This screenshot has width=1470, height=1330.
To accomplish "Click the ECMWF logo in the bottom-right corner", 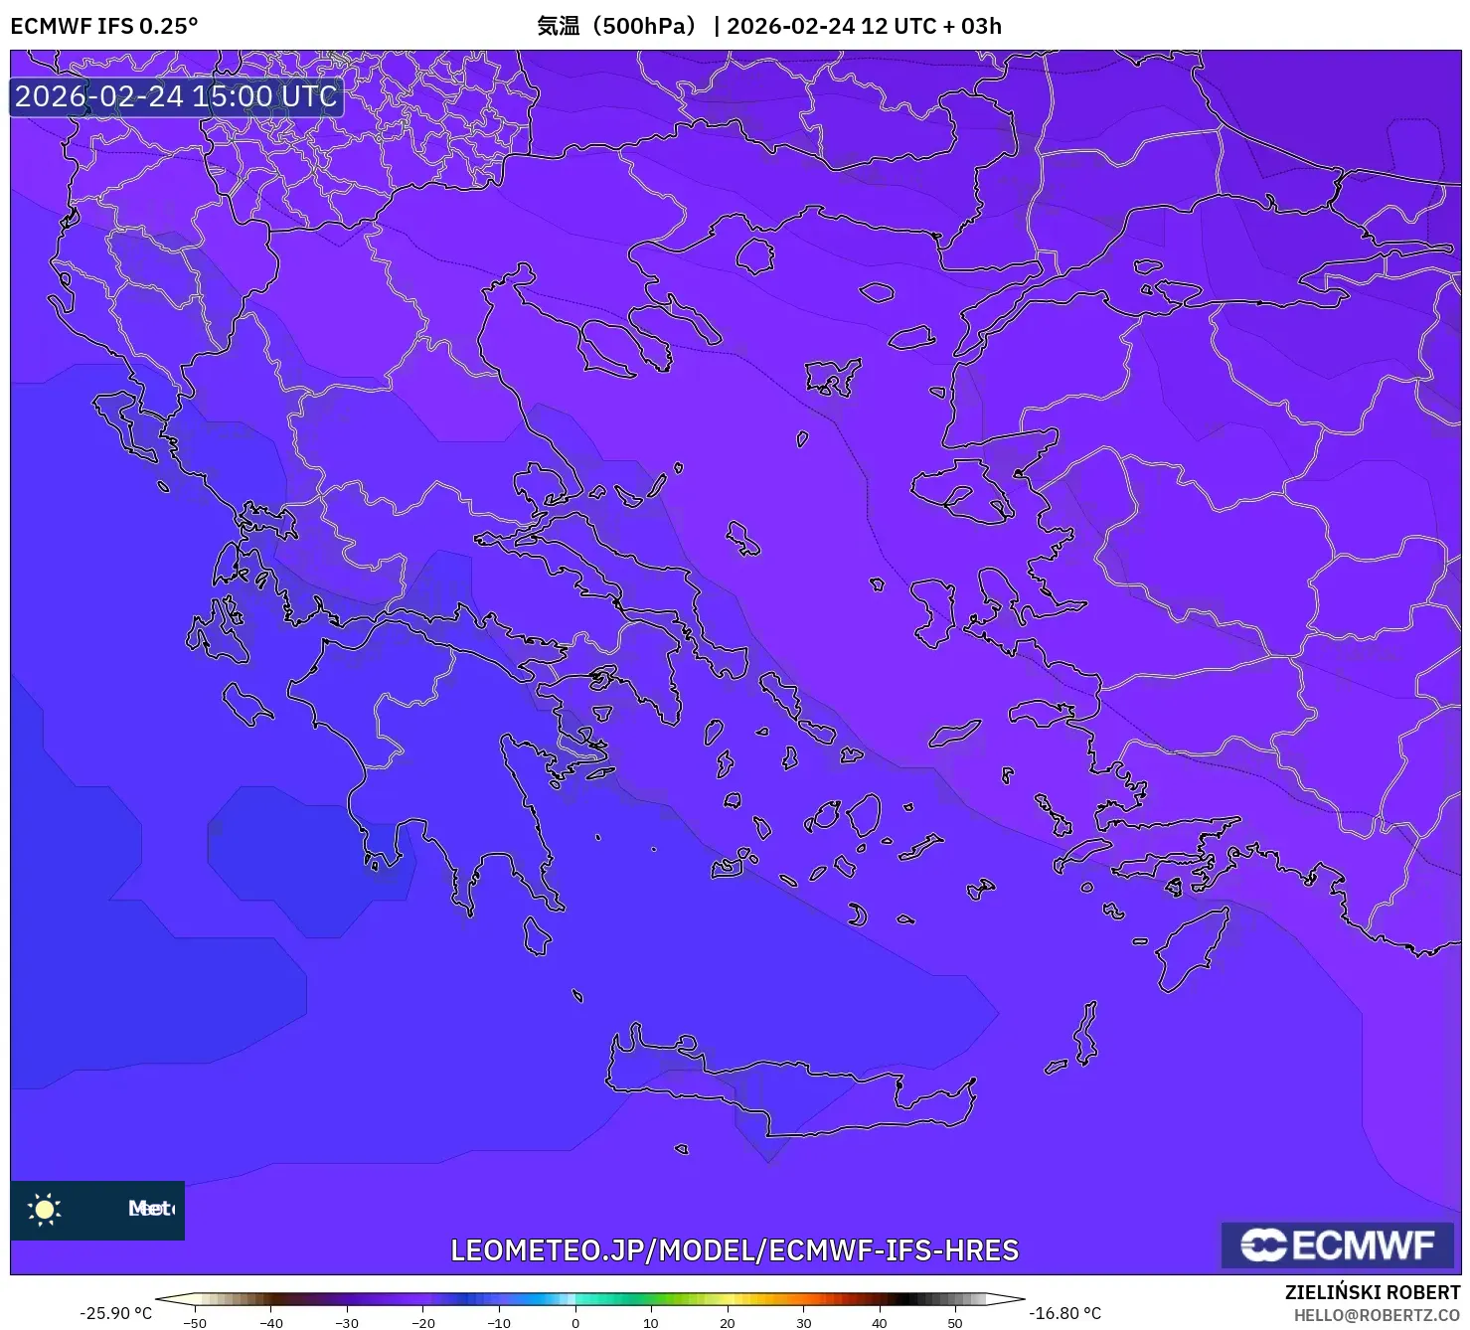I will pyautogui.click(x=1337, y=1245).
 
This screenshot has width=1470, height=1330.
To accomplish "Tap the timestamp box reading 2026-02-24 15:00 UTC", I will pyautogui.click(x=176, y=96).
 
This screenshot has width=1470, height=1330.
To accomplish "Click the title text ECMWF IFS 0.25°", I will pyautogui.click(x=104, y=26).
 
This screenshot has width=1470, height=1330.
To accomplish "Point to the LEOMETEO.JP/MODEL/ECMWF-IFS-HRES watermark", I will pyautogui.click(x=735, y=1249).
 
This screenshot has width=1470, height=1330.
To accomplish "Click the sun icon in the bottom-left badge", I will pyautogui.click(x=45, y=1209).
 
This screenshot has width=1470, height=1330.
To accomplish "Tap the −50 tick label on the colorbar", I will pyautogui.click(x=195, y=1323).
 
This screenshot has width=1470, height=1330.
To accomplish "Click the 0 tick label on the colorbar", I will pyautogui.click(x=574, y=1323).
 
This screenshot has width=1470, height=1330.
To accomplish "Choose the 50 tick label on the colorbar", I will pyautogui.click(x=954, y=1323).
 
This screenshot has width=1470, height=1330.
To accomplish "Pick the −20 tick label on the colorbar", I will pyautogui.click(x=422, y=1323).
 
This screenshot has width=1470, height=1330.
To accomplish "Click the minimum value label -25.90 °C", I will pyautogui.click(x=116, y=1313).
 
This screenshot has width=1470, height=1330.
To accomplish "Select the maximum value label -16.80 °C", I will pyautogui.click(x=1064, y=1313).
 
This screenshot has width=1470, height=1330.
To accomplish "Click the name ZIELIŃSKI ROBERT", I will pyautogui.click(x=1372, y=1292).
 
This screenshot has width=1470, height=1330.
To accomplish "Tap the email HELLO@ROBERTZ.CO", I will pyautogui.click(x=1377, y=1315).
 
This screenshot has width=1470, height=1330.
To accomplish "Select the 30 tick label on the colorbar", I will pyautogui.click(x=803, y=1323).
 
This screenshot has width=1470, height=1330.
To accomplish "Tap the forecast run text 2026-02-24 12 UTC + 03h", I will pyautogui.click(x=864, y=26).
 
